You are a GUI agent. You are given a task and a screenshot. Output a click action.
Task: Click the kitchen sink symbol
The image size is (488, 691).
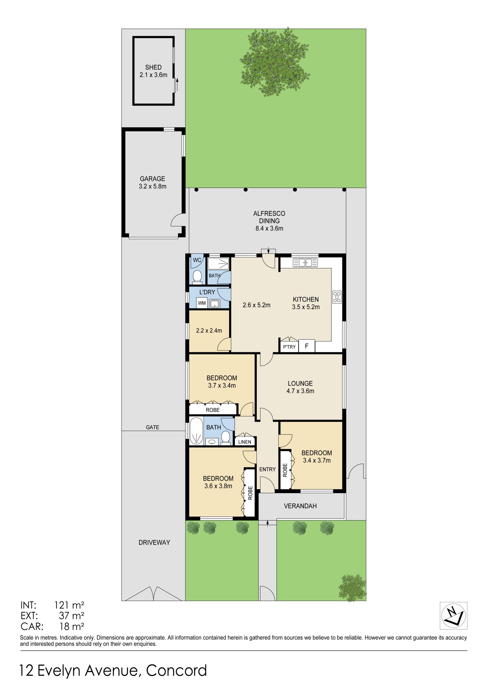tap(305, 262)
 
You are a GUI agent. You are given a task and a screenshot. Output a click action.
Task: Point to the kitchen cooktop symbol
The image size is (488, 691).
tap(337, 297)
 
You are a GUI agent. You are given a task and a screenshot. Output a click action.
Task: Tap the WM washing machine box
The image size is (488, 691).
tap(202, 303)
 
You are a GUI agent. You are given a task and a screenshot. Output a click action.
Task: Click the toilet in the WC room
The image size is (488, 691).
tap(197, 277)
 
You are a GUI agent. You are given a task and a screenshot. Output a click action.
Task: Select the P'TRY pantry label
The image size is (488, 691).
tap(289, 347)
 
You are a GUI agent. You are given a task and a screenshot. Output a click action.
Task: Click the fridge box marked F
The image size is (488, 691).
tap(307, 346)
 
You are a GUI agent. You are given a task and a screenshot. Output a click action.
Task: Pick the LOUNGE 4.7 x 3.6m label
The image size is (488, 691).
tap(300, 387)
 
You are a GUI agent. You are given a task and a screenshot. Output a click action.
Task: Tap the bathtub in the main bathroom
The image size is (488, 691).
tap(196, 431)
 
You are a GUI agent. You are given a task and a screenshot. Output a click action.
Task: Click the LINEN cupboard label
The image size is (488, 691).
tap(245, 442)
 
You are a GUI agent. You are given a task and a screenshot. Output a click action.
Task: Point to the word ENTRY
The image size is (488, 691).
tap(267, 469)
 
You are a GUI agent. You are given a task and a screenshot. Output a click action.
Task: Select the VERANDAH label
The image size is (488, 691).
tap(300, 506)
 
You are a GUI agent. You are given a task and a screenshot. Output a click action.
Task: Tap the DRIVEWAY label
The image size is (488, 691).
tap(154, 542)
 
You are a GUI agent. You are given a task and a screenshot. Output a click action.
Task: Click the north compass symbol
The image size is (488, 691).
tap(453, 615)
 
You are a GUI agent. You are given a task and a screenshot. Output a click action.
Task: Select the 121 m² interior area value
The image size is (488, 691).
tap(69, 605)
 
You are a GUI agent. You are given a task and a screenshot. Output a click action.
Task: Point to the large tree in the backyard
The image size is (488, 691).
tap(275, 62)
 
